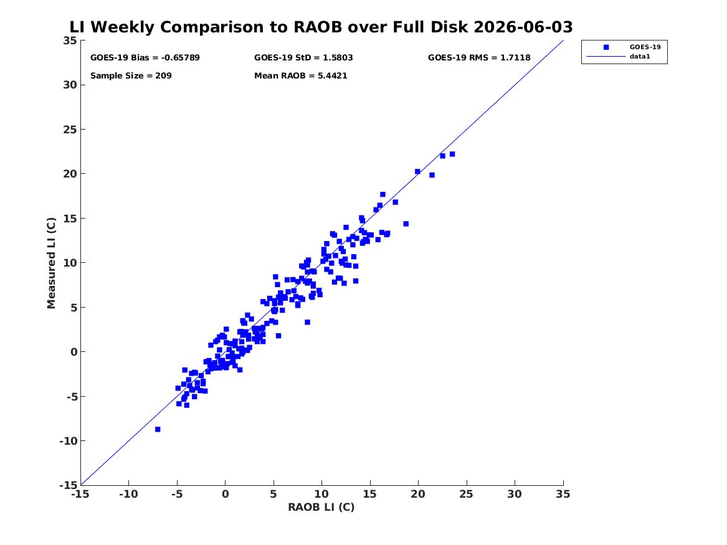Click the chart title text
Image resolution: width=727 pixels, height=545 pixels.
point(321,27)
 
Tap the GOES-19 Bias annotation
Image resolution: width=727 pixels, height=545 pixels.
point(145,57)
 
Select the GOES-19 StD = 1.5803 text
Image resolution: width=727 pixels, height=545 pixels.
point(303,57)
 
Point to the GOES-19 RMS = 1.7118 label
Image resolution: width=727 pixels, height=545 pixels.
point(479,57)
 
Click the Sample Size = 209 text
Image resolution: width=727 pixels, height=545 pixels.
point(131,75)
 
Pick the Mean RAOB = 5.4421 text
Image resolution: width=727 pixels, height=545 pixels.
point(300,75)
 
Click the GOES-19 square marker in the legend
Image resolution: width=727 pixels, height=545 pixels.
point(606,47)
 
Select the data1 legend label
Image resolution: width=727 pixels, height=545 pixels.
point(640,57)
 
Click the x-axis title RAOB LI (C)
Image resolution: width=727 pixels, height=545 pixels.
point(321,507)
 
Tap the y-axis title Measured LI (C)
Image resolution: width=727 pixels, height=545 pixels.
point(51,263)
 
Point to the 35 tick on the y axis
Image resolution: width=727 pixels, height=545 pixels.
point(70,40)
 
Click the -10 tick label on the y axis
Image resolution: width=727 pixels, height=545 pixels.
point(68,441)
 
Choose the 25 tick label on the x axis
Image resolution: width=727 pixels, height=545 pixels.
point(467,494)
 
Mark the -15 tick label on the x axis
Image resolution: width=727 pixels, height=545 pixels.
point(81,494)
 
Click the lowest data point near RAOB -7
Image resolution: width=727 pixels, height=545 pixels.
point(158,429)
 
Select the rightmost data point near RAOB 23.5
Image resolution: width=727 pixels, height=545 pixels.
point(452,154)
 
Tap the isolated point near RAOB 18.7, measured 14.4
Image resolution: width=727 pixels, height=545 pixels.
point(406,224)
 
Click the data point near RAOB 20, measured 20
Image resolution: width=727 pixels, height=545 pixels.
point(418,171)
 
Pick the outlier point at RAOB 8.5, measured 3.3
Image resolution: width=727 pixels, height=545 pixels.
point(307,322)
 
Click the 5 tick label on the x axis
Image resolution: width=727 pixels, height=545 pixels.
point(273,494)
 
